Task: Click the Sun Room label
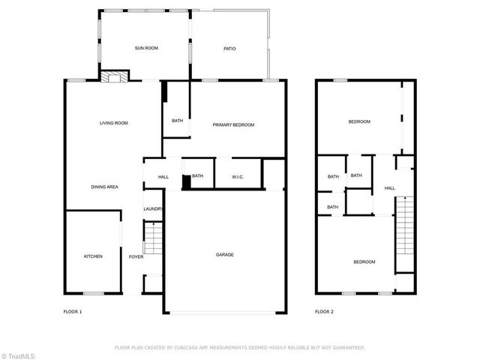point(146,49)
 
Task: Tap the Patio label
point(230,49)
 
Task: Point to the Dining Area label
point(105,187)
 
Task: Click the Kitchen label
point(93,256)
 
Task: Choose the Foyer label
point(136,256)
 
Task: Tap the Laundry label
point(153,209)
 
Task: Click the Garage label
point(225,255)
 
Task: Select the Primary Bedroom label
point(233,124)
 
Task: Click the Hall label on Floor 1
point(163,177)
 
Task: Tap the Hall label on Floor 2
point(390,188)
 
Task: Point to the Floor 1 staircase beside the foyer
point(152,241)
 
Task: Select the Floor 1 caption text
point(72,311)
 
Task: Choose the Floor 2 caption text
point(323,311)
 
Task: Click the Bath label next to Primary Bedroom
point(178,121)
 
